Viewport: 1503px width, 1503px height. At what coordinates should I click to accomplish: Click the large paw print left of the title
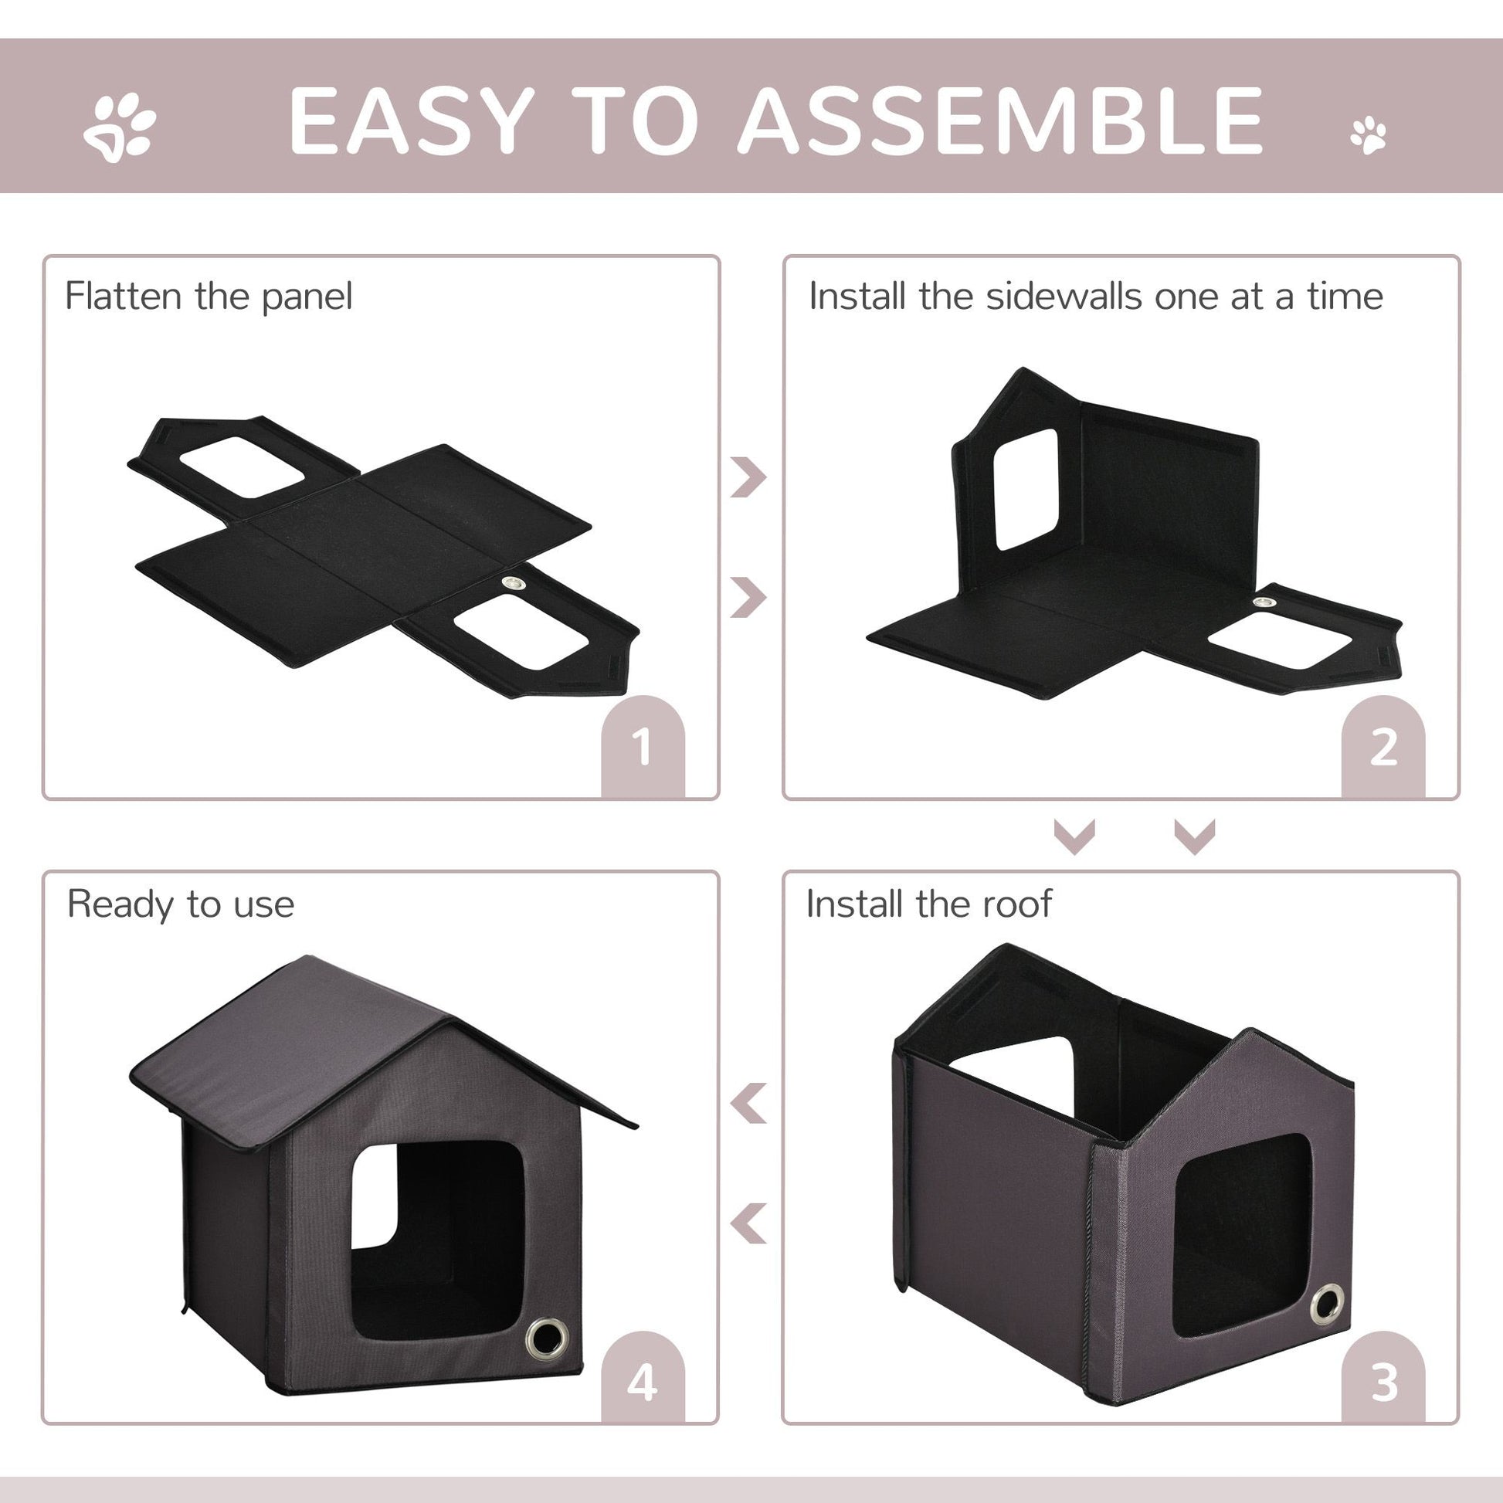click(x=119, y=127)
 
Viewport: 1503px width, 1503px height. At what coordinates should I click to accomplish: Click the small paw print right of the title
click(x=1369, y=135)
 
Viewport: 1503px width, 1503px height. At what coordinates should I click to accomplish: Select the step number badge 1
click(x=643, y=748)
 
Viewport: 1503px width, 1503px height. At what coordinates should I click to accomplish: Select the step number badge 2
click(x=1383, y=748)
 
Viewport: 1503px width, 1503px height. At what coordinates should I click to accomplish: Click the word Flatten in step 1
click(x=123, y=297)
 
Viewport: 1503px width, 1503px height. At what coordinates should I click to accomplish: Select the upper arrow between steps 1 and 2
click(x=748, y=477)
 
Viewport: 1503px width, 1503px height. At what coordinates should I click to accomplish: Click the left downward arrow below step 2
click(x=1074, y=837)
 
